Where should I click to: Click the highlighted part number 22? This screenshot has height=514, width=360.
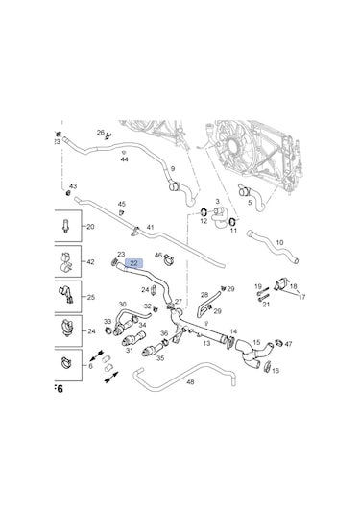click(x=134, y=262)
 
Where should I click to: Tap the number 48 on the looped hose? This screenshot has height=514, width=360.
click(x=190, y=382)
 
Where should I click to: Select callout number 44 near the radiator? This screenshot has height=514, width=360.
click(x=125, y=159)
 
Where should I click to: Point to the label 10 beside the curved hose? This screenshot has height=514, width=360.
click(x=279, y=243)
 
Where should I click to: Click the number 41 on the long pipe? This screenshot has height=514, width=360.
click(x=149, y=227)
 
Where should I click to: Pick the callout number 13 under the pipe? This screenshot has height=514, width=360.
click(x=206, y=343)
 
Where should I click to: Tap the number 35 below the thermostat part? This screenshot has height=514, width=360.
click(x=160, y=357)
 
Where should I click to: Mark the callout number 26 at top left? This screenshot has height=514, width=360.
click(x=100, y=133)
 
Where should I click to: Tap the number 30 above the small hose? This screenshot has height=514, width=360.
click(x=122, y=305)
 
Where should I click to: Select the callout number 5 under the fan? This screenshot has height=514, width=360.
click(x=250, y=203)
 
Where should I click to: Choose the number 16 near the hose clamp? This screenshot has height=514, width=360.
click(x=276, y=369)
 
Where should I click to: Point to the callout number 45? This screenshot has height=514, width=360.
click(x=121, y=204)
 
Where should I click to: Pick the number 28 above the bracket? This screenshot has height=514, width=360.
click(x=204, y=295)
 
